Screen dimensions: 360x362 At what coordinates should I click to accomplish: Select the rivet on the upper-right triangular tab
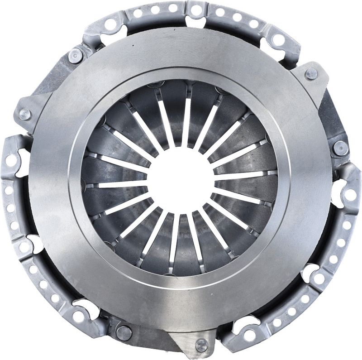(311, 74)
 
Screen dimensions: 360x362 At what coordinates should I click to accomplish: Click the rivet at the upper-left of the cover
(75, 56)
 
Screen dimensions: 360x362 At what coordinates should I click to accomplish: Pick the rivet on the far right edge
(340, 147)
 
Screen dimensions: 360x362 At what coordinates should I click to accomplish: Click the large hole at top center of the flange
(196, 10)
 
